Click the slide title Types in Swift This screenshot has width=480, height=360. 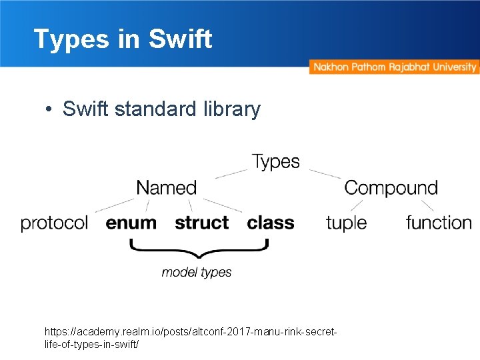coord(123,39)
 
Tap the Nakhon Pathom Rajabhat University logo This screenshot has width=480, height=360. coord(394,67)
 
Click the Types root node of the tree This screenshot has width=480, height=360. coord(276,162)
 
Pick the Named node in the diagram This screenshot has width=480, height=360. coord(166,188)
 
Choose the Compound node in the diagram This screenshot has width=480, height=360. coord(391,188)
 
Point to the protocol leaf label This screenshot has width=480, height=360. coord(54,223)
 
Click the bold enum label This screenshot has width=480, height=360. coord(131,223)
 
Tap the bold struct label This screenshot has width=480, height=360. coord(201,223)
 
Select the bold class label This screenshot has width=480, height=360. coord(270,223)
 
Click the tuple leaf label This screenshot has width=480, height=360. coord(346,223)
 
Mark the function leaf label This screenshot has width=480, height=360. coord(438,223)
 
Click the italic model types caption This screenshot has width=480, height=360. coord(197,272)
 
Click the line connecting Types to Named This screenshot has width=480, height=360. coord(231,173)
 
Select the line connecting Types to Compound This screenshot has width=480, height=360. coord(325,173)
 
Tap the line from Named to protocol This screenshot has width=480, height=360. coord(115,205)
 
